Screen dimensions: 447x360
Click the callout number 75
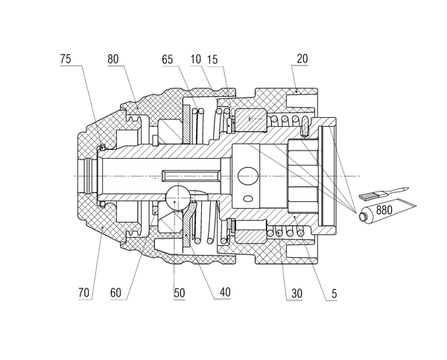click(x=66, y=59)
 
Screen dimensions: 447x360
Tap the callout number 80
click(x=113, y=59)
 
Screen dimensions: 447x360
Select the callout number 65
click(x=168, y=60)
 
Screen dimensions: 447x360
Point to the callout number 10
click(x=195, y=60)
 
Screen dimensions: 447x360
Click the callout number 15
click(x=212, y=60)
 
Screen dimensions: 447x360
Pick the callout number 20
click(x=302, y=58)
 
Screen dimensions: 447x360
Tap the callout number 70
click(x=83, y=293)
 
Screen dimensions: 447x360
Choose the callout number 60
click(x=115, y=293)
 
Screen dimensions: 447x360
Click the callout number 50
click(x=180, y=293)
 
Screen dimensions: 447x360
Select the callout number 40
click(x=225, y=292)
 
